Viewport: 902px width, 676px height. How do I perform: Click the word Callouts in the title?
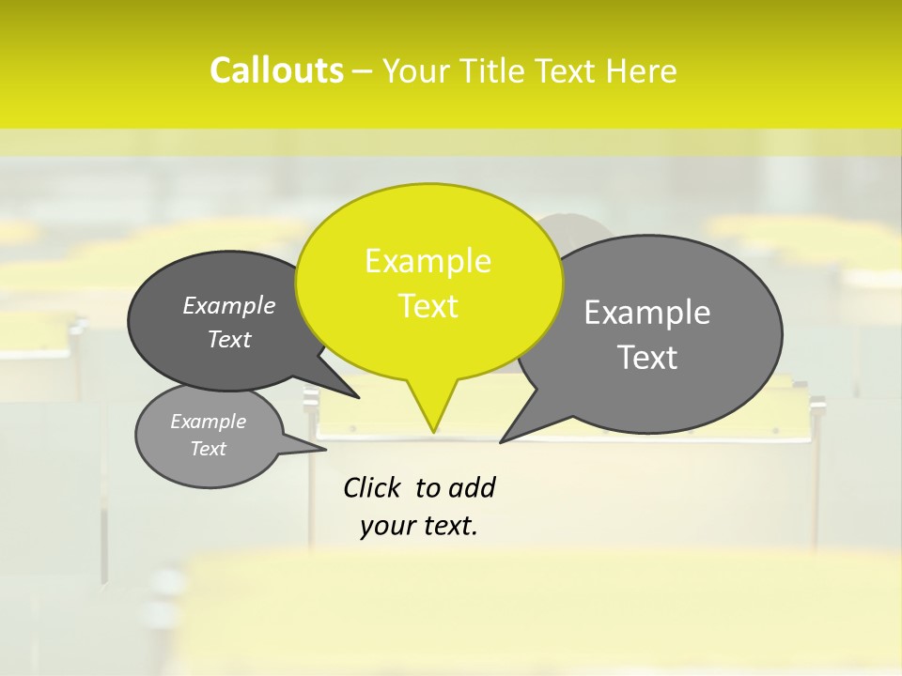[276, 70]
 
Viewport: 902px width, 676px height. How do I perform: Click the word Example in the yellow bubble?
[428, 261]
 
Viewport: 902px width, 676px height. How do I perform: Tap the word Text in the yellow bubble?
[428, 306]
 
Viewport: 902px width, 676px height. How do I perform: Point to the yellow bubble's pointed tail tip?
[433, 431]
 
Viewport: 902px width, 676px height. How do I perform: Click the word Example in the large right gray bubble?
[647, 313]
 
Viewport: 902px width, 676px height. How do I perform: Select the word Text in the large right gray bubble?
[647, 358]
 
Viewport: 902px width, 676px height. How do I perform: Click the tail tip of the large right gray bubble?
[502, 441]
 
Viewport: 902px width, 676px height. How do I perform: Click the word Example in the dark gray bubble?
[229, 306]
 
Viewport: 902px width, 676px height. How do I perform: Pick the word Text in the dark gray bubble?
[229, 340]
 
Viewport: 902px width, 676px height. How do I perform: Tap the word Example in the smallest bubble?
[208, 422]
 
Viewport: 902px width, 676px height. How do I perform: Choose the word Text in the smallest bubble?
[208, 449]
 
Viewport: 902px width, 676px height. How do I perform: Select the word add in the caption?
[471, 488]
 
